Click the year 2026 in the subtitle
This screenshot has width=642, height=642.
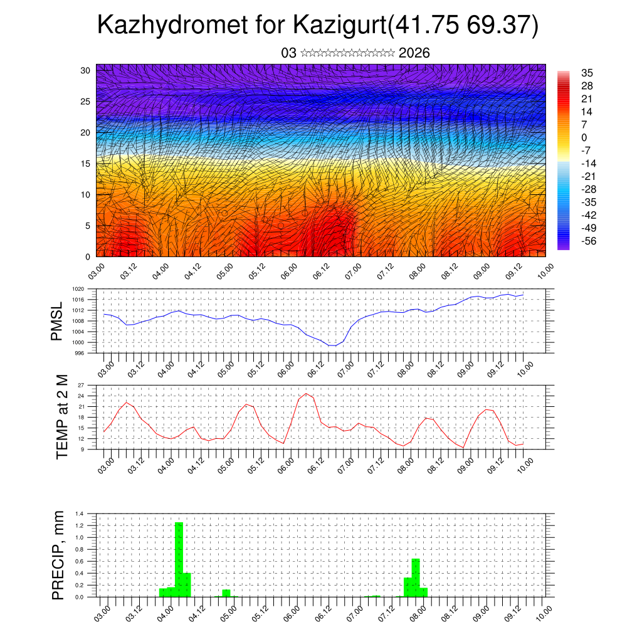click(x=414, y=53)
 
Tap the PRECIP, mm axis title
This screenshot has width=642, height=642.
click(x=58, y=555)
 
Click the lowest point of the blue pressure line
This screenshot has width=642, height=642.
click(x=332, y=345)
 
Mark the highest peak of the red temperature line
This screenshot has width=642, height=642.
click(x=306, y=394)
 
